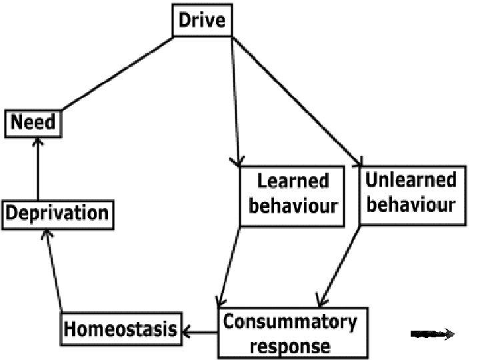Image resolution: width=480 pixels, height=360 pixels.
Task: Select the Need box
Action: pyautogui.click(x=33, y=123)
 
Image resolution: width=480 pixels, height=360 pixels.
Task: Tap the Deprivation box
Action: pyautogui.click(x=56, y=213)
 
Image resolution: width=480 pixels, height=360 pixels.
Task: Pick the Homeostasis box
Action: pyautogui.click(x=121, y=329)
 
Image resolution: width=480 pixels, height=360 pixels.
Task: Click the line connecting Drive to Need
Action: pyautogui.click(x=117, y=75)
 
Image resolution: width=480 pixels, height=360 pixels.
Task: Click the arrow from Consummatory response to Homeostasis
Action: pyautogui.click(x=200, y=330)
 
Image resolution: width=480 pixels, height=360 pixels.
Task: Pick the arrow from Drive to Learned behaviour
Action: pyautogui.click(x=234, y=100)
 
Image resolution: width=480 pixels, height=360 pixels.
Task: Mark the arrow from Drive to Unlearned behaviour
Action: pyautogui.click(x=297, y=100)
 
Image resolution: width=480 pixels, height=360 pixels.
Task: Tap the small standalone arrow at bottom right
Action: pyautogui.click(x=433, y=334)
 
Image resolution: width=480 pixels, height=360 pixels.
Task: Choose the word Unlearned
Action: pyautogui.click(x=411, y=179)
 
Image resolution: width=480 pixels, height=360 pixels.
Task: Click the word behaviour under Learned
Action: pyautogui.click(x=293, y=205)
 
